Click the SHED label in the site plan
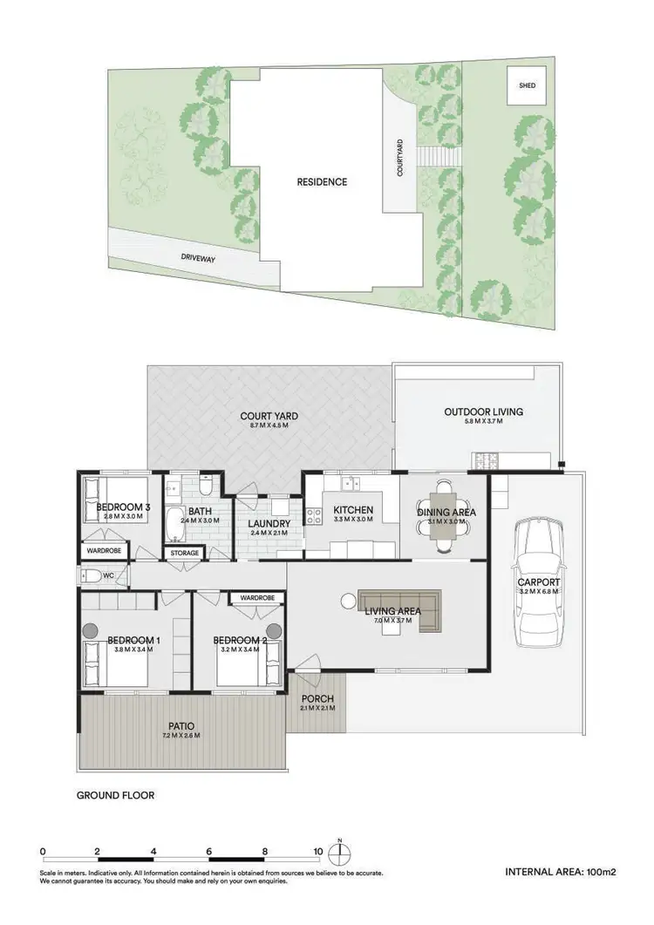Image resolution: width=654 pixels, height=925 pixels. click(527, 86)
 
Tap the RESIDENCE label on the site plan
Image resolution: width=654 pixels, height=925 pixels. click(322, 182)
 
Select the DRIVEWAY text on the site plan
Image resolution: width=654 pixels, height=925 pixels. click(199, 257)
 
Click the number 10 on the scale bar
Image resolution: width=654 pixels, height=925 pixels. click(318, 852)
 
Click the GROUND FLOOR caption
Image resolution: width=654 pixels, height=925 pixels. click(115, 795)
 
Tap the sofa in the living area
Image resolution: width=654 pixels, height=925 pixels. click(401, 602)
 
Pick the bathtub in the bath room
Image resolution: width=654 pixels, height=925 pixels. click(174, 523)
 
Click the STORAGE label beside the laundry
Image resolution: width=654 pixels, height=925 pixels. click(185, 553)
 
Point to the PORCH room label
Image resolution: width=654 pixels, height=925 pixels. click(317, 699)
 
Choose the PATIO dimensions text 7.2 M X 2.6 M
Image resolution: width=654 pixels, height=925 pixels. click(181, 736)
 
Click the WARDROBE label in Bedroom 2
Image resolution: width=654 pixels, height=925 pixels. click(257, 598)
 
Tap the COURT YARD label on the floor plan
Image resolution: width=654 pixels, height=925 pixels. click(269, 416)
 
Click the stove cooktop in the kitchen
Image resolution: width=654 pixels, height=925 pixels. click(312, 515)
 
